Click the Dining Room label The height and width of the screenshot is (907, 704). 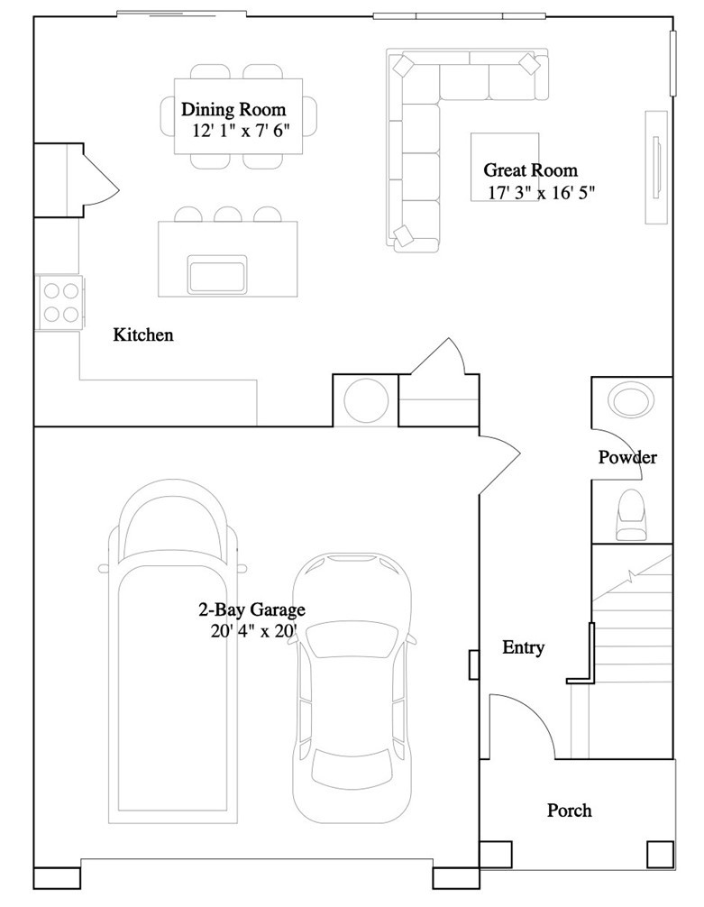pos(233,109)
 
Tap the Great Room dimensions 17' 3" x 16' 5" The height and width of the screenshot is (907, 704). pos(542,192)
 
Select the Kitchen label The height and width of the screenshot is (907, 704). pos(143,334)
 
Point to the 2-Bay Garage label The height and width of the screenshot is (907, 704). pos(251,609)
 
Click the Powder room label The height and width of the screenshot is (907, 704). pos(627,457)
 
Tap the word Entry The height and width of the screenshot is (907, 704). pos(524,647)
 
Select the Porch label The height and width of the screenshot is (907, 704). pos(570,810)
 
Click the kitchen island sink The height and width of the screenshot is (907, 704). pos(217,274)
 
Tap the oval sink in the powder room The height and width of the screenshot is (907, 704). pos(632,400)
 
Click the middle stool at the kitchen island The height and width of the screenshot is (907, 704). pos(228,215)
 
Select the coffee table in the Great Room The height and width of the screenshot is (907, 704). pos(505,167)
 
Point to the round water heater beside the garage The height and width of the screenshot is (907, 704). pos(366,400)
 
